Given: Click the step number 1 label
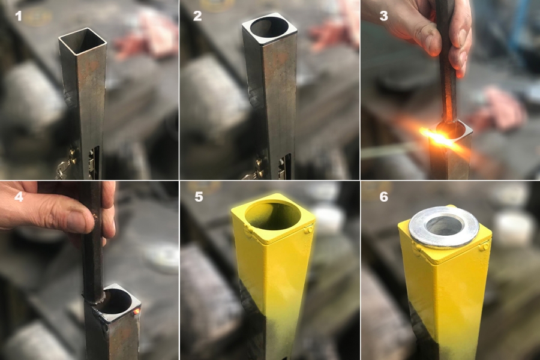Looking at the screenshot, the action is pyautogui.click(x=19, y=16).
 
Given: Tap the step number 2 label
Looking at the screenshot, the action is pyautogui.click(x=197, y=16).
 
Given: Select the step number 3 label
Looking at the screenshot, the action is pyautogui.click(x=383, y=16).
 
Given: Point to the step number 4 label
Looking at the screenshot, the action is pyautogui.click(x=19, y=197).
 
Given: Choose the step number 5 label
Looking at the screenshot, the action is pyautogui.click(x=199, y=197).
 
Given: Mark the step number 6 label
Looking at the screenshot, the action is pyautogui.click(x=383, y=197).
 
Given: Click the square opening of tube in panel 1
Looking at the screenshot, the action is pyautogui.click(x=83, y=41).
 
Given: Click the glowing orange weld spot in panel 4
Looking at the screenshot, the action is pyautogui.click(x=136, y=311).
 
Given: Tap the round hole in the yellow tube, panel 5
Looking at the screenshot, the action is pyautogui.click(x=272, y=216).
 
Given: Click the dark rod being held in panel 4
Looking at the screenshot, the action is pyautogui.click(x=93, y=241).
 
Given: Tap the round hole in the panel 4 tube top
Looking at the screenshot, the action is pyautogui.click(x=116, y=301).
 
